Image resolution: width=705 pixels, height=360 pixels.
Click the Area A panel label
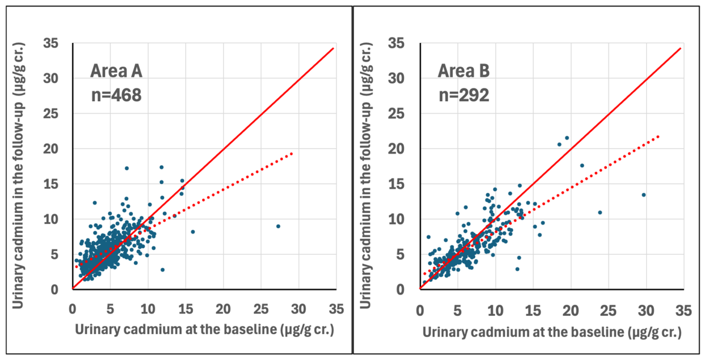116,71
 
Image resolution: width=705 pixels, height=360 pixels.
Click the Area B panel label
464,71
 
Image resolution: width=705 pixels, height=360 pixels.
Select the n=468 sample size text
116,95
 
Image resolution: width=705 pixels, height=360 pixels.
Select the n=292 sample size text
463,95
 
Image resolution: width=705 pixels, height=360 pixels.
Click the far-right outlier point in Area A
278,226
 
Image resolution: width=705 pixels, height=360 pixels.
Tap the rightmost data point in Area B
643,195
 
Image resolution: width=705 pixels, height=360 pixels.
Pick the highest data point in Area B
567,138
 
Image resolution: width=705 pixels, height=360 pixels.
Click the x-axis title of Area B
552,332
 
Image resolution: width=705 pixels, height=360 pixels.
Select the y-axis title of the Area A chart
18,176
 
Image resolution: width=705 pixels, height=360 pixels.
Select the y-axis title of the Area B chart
366,176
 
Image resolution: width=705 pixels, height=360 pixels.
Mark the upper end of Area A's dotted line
292,153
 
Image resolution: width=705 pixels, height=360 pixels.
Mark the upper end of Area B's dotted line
659,135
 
